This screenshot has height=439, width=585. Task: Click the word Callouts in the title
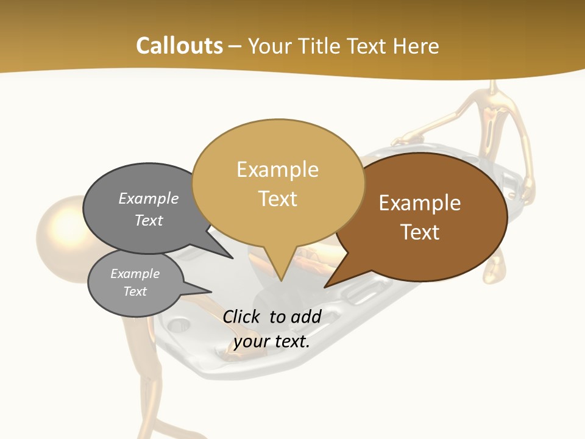pyautogui.click(x=179, y=46)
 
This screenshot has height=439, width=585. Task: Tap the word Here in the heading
pyautogui.click(x=416, y=46)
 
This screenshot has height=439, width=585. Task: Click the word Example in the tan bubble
pyautogui.click(x=277, y=170)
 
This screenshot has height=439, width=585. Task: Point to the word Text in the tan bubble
pyautogui.click(x=278, y=199)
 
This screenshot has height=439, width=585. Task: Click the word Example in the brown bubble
pyautogui.click(x=420, y=203)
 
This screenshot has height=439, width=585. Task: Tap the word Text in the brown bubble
pyautogui.click(x=420, y=232)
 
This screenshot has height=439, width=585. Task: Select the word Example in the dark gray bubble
pyautogui.click(x=149, y=199)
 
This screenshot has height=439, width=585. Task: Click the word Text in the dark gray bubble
pyautogui.click(x=149, y=220)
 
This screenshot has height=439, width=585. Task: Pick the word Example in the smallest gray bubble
pyautogui.click(x=135, y=274)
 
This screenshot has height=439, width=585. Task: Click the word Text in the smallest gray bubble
pyautogui.click(x=135, y=291)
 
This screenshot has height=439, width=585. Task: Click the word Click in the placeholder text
pyautogui.click(x=241, y=316)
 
